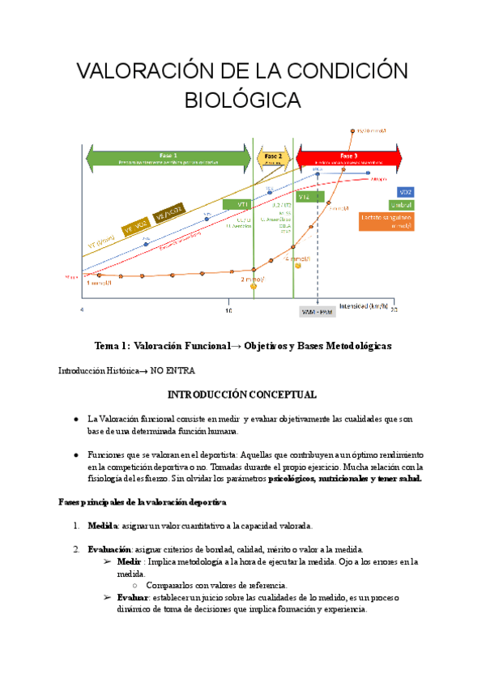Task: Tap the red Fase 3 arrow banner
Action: click(348, 157)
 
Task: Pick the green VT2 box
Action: click(306, 196)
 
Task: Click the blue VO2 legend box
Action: click(406, 192)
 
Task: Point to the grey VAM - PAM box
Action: click(317, 311)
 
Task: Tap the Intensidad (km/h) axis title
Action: click(364, 306)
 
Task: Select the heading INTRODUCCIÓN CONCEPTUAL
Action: click(242, 395)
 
